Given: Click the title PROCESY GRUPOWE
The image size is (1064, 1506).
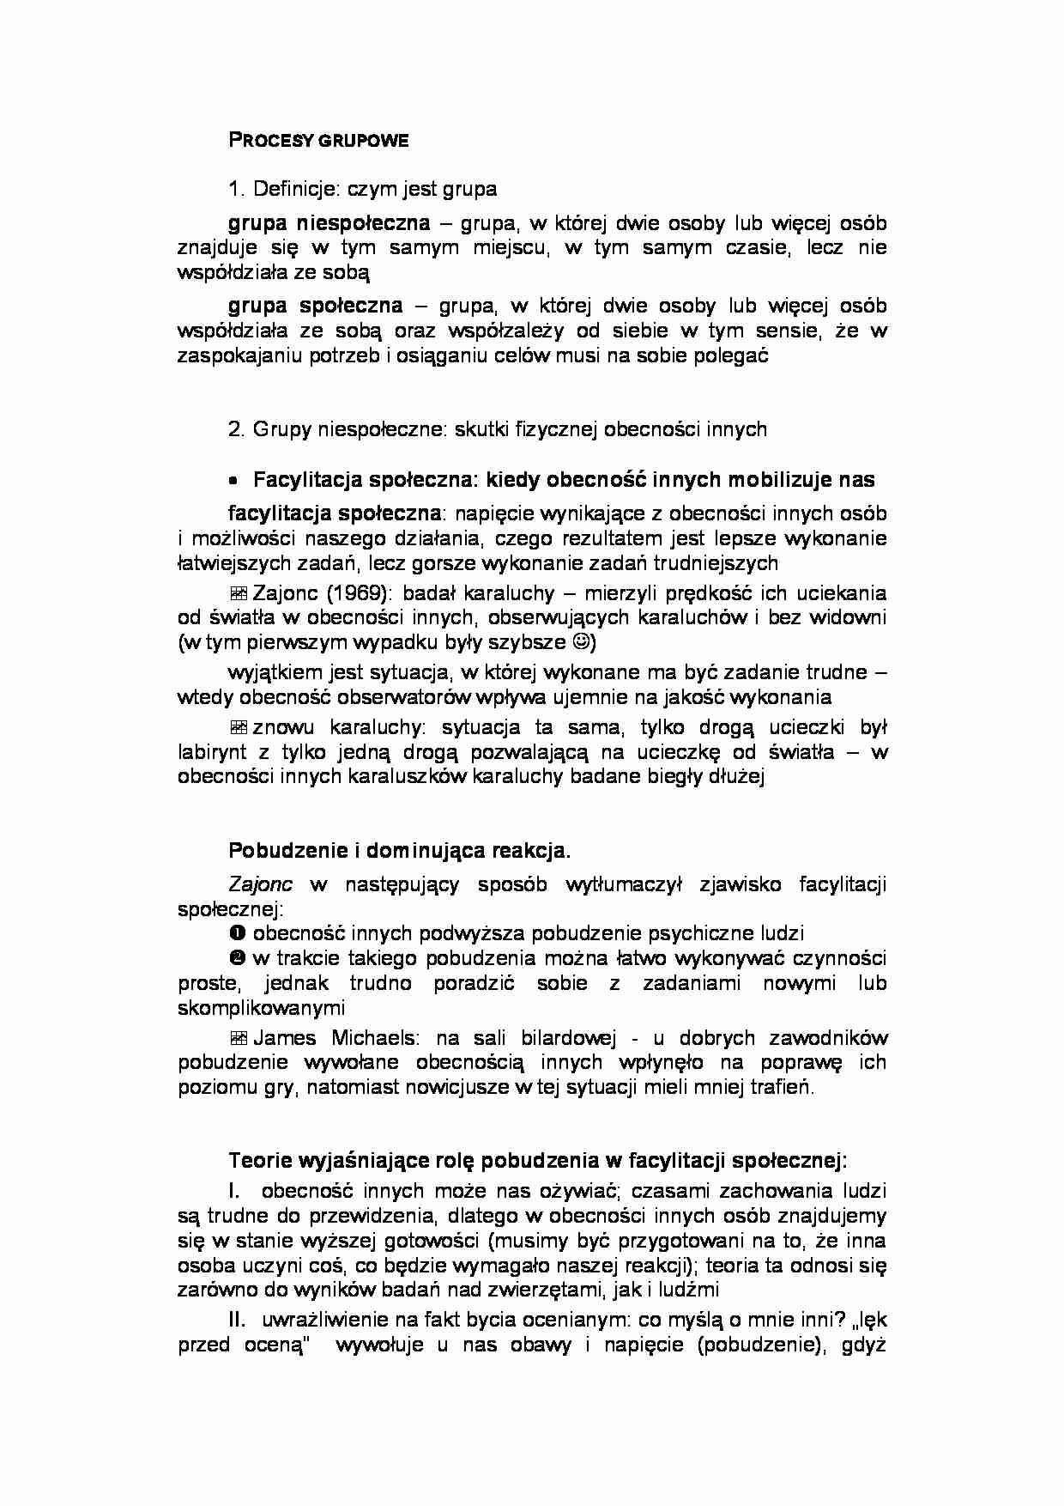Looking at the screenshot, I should click(318, 141).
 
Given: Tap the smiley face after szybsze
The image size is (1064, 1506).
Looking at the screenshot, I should click(581, 642).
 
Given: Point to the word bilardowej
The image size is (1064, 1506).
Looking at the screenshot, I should click(565, 1037).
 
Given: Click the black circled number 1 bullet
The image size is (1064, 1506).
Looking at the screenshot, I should click(238, 933).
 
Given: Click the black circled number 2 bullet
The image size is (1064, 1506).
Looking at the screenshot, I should click(238, 958).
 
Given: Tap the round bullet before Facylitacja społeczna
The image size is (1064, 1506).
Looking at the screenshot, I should click(233, 481).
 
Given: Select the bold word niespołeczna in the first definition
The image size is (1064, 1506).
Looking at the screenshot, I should click(363, 223).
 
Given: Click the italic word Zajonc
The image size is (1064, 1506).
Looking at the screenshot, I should click(260, 884).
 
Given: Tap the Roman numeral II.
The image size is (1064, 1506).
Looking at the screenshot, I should click(238, 1321).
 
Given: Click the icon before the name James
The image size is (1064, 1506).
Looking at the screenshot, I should click(239, 1038).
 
